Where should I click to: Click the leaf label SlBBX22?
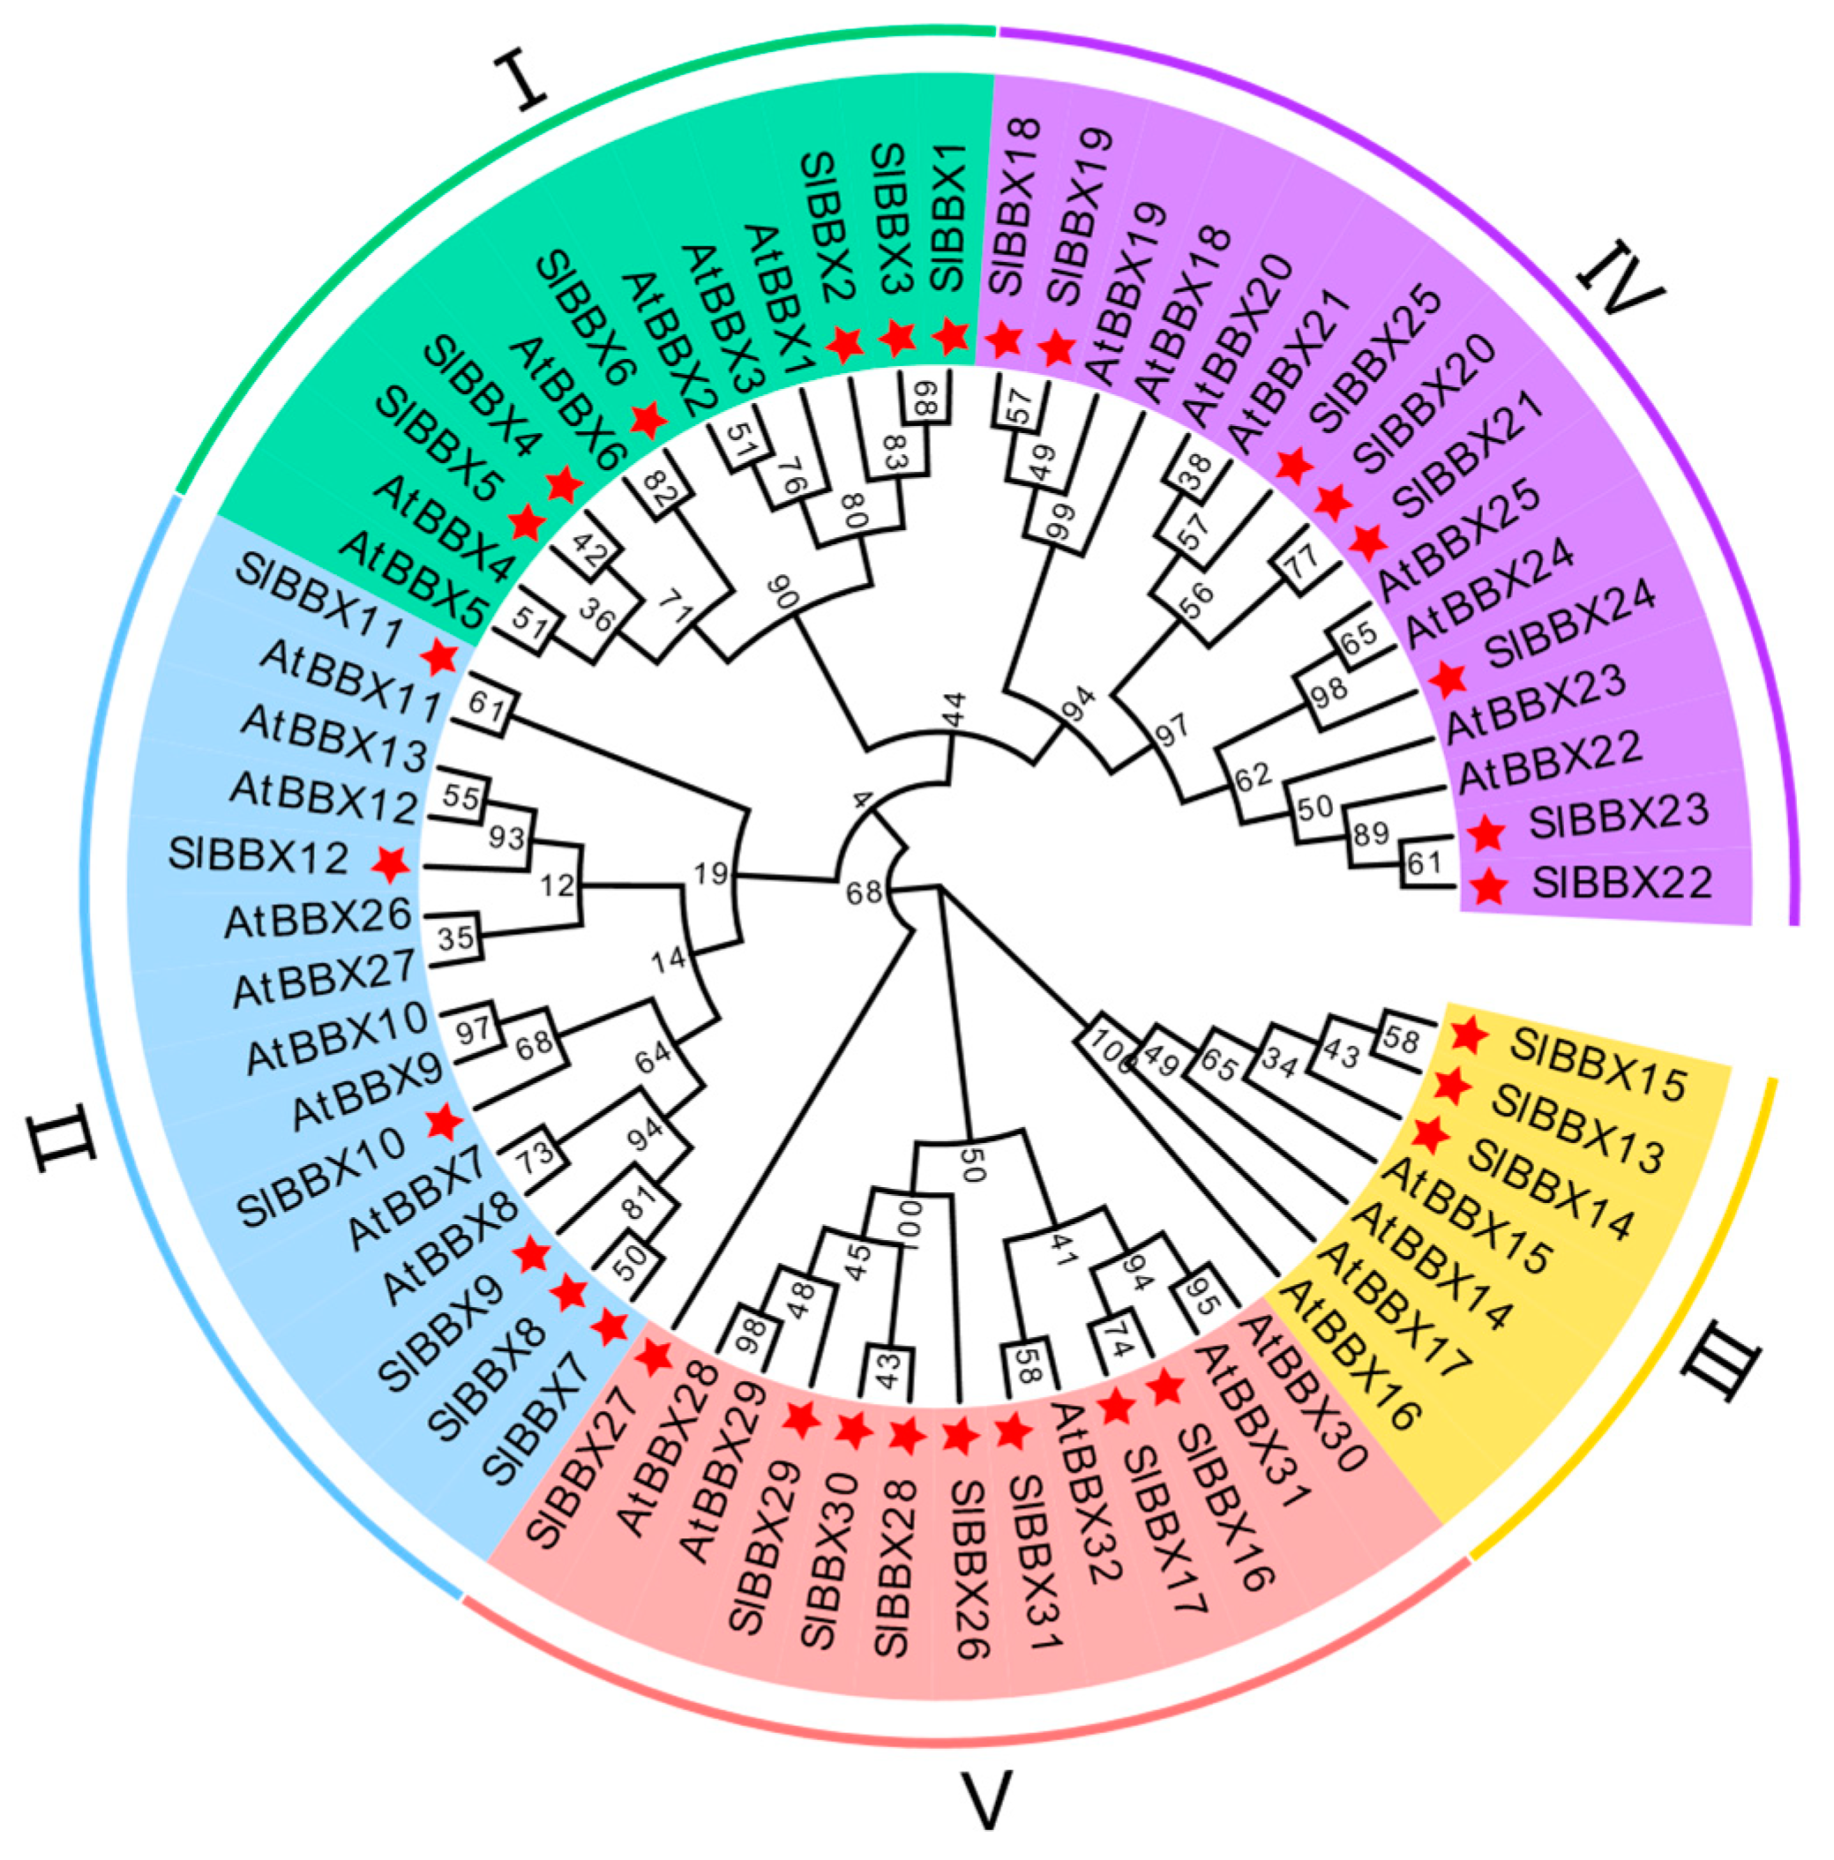click(x=1622, y=883)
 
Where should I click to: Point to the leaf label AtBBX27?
click(x=324, y=977)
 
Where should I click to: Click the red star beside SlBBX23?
click(x=1486, y=833)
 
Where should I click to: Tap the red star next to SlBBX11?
click(x=440, y=658)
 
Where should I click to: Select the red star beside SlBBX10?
click(x=444, y=1122)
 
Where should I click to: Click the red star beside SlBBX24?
click(x=1448, y=680)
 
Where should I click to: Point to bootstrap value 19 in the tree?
click(x=710, y=874)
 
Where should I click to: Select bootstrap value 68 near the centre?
click(x=864, y=893)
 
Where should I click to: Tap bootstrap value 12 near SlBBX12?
click(x=557, y=885)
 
